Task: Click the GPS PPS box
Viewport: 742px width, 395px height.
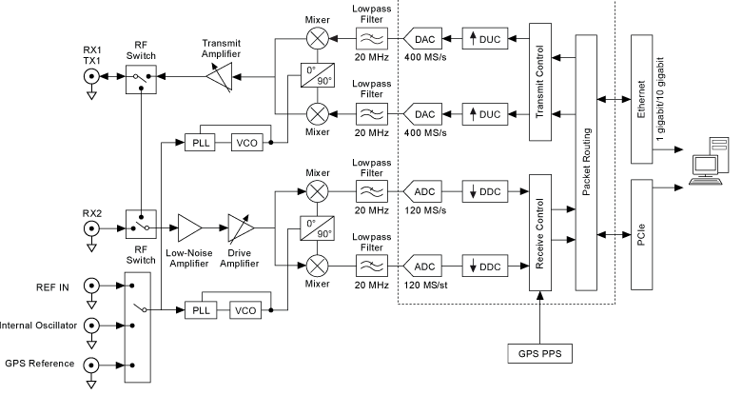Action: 539,355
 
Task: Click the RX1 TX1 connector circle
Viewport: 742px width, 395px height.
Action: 92,79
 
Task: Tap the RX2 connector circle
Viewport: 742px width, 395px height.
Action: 92,228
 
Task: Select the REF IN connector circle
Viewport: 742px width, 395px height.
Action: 92,285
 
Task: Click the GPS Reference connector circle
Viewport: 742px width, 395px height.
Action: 92,364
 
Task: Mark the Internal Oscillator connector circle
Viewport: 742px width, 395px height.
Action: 92,325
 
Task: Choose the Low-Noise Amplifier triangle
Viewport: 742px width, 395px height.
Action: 190,228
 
